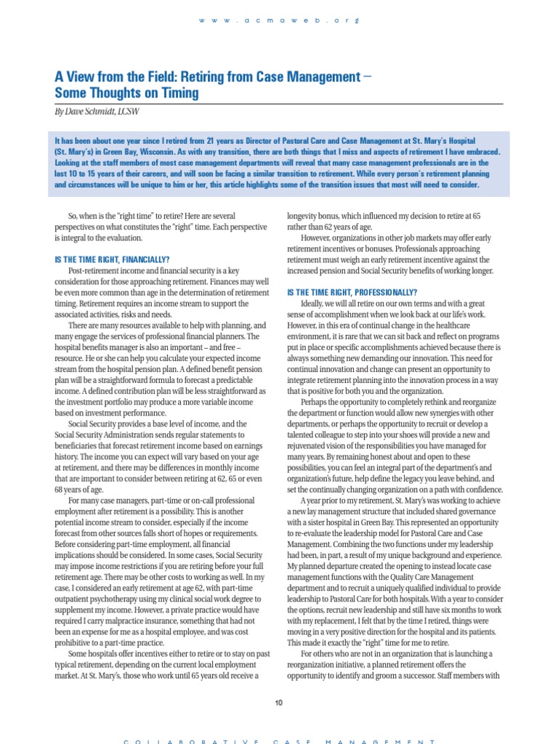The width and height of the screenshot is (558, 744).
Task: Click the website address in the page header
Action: click(x=279, y=20)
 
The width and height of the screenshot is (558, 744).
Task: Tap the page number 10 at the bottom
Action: click(x=279, y=702)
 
